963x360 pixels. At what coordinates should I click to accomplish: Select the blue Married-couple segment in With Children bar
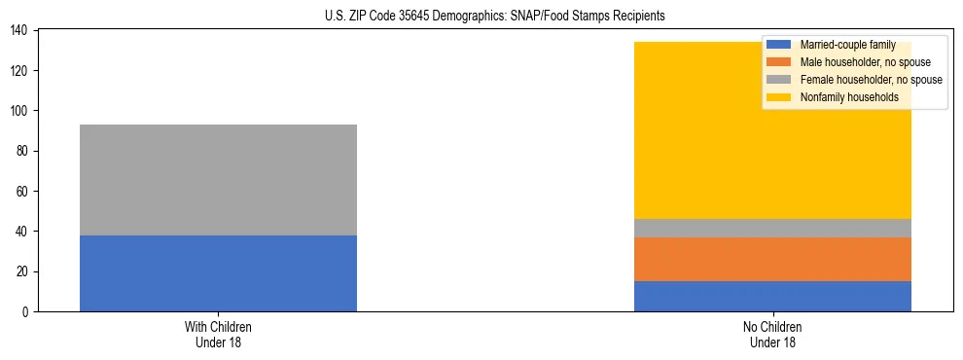point(218,273)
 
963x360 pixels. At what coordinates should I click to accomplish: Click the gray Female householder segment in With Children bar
point(218,180)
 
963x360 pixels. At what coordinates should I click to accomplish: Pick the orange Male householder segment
point(772,259)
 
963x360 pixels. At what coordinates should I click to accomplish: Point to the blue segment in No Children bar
point(772,296)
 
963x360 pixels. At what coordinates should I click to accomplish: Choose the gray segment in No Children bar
point(772,228)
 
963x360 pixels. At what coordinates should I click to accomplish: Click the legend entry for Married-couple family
point(847,45)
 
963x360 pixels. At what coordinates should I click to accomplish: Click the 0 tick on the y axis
point(27,311)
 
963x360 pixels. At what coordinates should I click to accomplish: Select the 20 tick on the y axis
point(24,271)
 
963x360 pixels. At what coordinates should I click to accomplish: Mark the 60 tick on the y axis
point(24,191)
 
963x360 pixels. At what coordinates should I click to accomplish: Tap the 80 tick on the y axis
point(24,151)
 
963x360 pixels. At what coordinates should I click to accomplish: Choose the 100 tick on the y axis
point(21,111)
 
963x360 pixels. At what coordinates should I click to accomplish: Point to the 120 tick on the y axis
point(21,71)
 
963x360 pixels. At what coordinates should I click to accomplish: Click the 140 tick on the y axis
point(21,31)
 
